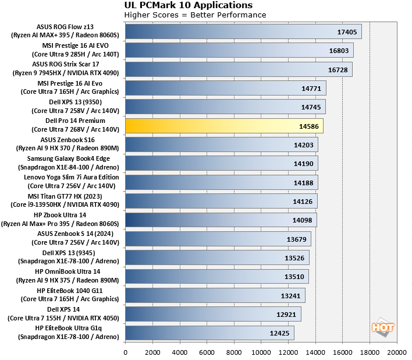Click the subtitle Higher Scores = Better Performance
point(195,15)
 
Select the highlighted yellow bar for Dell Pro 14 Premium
point(224,126)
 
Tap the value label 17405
point(348,32)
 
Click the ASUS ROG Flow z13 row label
point(65,31)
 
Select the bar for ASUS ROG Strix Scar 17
point(239,69)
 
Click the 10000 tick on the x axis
point(261,352)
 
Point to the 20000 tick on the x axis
point(397,352)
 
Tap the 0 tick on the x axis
point(126,352)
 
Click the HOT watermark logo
point(383,327)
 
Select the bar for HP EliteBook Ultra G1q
point(209,333)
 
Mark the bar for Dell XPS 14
point(213,314)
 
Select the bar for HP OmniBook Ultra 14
point(217,276)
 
